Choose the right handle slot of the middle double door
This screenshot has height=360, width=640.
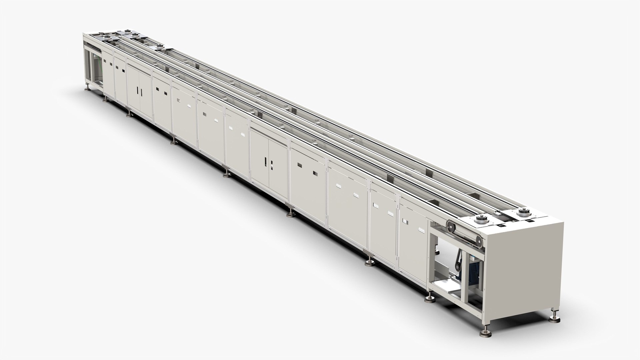point(272,164)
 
